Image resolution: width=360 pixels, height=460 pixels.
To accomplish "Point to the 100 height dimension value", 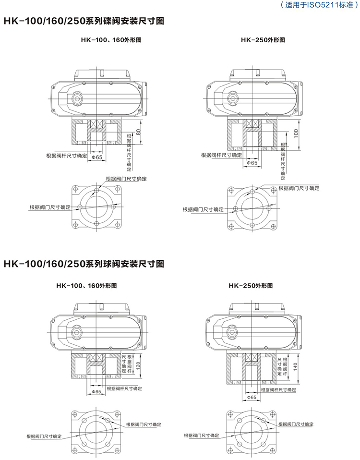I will click(x=296, y=133).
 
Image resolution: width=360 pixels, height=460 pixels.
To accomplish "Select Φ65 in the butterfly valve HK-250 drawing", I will click(x=252, y=163).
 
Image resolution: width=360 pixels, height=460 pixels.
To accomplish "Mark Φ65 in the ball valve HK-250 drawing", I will click(x=252, y=398).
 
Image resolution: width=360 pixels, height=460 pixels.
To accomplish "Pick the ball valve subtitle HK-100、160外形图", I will click(x=86, y=285).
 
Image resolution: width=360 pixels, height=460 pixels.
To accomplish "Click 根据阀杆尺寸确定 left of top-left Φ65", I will click(x=67, y=156).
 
